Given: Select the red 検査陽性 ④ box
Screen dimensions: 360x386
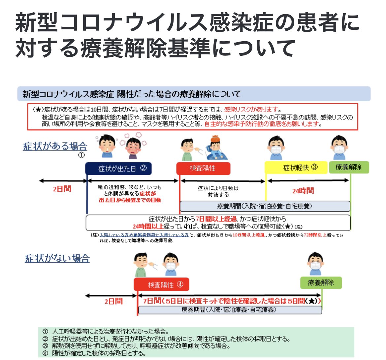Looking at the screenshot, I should (161, 284).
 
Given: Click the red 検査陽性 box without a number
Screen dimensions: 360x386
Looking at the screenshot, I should (203, 168).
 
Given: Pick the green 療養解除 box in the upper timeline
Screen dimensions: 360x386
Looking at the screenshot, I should (349, 168).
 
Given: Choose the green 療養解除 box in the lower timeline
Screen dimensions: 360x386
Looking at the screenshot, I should (321, 283).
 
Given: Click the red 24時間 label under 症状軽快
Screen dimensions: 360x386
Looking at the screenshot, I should (303, 191).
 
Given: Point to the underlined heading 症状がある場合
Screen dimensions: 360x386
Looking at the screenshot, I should (55, 146).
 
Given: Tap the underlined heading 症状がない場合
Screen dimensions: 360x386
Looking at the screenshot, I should (57, 258).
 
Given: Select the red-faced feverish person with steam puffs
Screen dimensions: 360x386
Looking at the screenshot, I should (134, 147).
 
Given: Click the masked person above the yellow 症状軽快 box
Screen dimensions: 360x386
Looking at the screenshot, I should (276, 147).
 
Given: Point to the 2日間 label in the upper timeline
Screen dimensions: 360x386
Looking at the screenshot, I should (62, 189).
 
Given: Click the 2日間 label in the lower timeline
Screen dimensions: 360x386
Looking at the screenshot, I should (113, 301).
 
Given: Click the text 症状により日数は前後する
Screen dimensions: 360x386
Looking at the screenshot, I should (218, 191).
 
